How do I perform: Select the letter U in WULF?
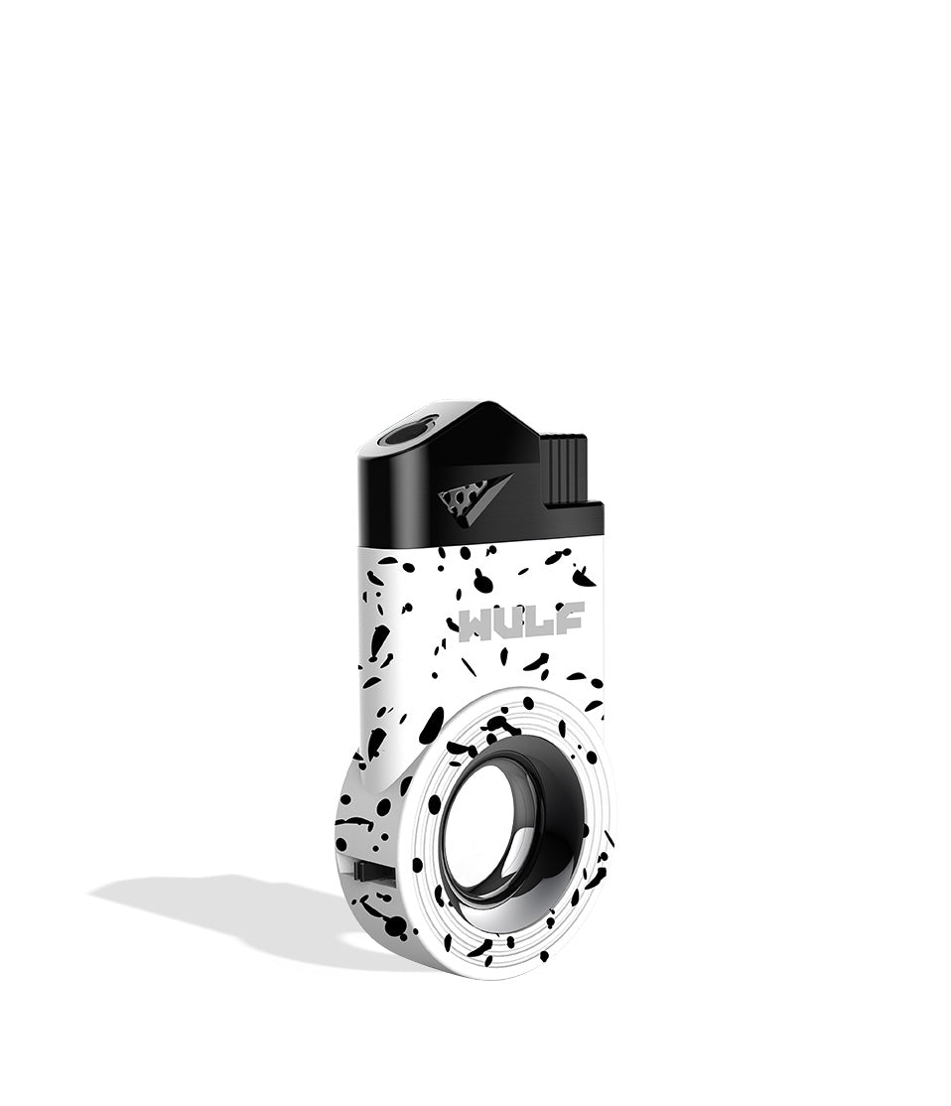tap(512, 622)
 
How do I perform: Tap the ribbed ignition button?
tap(563, 468)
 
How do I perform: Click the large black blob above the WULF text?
tap(482, 582)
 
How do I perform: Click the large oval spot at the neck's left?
tap(431, 725)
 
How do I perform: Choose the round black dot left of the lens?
tap(434, 803)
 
